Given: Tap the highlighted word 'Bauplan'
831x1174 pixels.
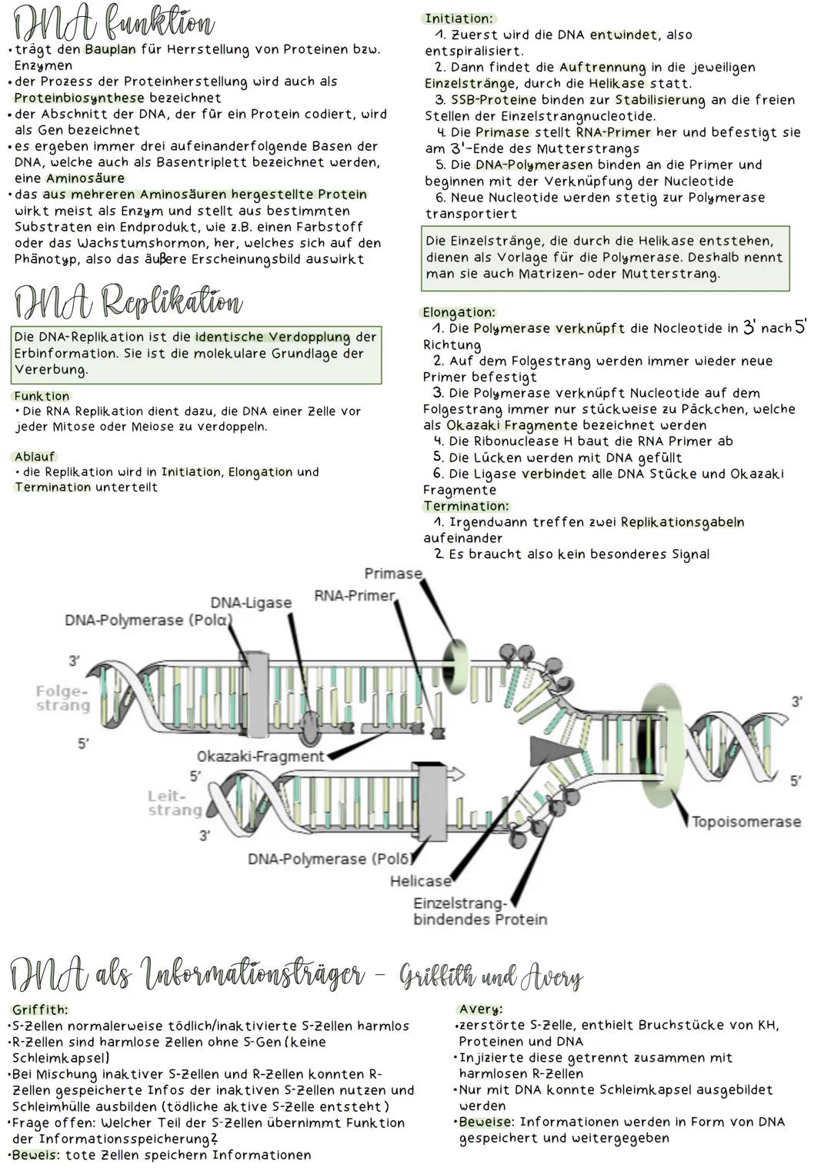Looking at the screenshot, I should (110, 49).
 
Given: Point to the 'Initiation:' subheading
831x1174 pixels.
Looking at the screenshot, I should (459, 18).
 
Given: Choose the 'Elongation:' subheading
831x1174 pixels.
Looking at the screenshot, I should (459, 312).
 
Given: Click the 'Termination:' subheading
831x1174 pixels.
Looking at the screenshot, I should (466, 506).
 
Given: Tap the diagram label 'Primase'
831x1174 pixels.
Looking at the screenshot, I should (393, 574).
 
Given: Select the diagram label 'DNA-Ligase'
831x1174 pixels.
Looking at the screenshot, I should (251, 603).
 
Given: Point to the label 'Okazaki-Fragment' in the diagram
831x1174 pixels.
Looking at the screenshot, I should (261, 757).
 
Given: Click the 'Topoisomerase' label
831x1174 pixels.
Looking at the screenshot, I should (746, 822).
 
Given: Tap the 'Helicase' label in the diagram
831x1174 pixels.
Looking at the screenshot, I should (420, 881).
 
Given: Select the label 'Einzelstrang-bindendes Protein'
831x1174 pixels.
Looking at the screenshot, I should (480, 911).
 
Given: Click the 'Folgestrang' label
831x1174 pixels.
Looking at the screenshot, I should (62, 698).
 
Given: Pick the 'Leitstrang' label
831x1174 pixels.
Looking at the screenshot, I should (174, 803).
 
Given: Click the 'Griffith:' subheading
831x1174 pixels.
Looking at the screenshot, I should (40, 1009).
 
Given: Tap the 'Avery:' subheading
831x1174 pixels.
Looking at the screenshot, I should (480, 1009).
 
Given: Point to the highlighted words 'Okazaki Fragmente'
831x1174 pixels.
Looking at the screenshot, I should (512, 425).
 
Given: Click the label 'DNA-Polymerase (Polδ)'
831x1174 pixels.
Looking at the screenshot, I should (329, 859).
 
